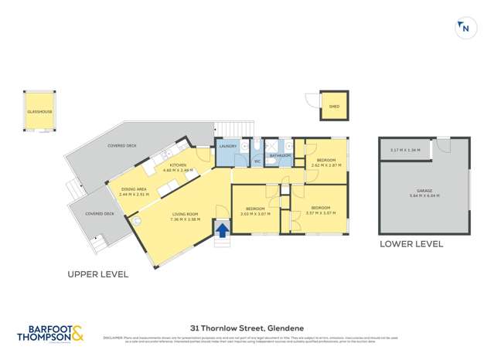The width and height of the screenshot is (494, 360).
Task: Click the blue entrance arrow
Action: (x=222, y=229)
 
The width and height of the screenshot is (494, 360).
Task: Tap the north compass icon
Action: (x=465, y=29)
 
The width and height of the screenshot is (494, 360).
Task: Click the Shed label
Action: (x=334, y=107)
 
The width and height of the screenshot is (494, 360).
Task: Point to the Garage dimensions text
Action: (x=424, y=196)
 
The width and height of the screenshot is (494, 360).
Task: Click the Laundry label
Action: (x=227, y=146)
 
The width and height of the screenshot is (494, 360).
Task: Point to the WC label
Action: (x=257, y=161)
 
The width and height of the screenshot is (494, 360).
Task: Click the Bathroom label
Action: (x=279, y=155)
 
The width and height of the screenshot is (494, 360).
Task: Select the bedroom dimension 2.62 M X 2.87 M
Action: (x=325, y=165)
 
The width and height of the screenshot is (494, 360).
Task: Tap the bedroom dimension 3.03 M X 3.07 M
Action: (x=255, y=214)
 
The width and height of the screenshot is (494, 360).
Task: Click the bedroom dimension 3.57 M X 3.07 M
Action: (x=320, y=212)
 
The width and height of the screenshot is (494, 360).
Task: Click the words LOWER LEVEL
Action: (x=411, y=244)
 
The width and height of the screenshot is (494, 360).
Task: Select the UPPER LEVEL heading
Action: (x=97, y=274)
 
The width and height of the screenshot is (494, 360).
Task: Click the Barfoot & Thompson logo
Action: (x=52, y=333)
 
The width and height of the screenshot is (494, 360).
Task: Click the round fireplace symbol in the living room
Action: (x=136, y=219)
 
